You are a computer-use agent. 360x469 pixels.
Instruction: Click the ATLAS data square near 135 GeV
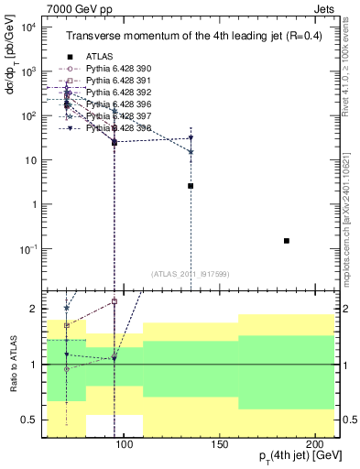click(x=191, y=186)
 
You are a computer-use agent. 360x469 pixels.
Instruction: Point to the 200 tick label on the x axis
click(x=317, y=444)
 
